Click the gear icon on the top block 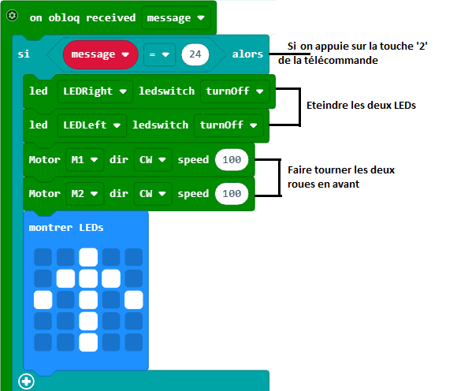[x=12, y=16]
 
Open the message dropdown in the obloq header [x=176, y=18]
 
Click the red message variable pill [x=100, y=54]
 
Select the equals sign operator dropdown [x=159, y=54]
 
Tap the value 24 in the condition [x=195, y=54]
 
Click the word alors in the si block [x=247, y=54]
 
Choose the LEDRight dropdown [x=95, y=91]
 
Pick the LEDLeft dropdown [x=92, y=125]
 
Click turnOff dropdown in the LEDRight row [x=235, y=91]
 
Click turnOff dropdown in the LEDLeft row [x=228, y=125]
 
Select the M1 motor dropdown [x=84, y=160]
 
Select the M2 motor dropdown [x=84, y=194]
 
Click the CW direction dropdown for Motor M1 [x=153, y=160]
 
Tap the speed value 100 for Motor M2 [x=232, y=194]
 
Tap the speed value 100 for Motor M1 [x=232, y=160]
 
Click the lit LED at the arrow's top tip [x=88, y=257]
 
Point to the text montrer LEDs [x=66, y=228]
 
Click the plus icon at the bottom [x=26, y=382]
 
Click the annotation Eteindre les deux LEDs [x=361, y=106]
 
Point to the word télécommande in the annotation [x=341, y=61]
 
